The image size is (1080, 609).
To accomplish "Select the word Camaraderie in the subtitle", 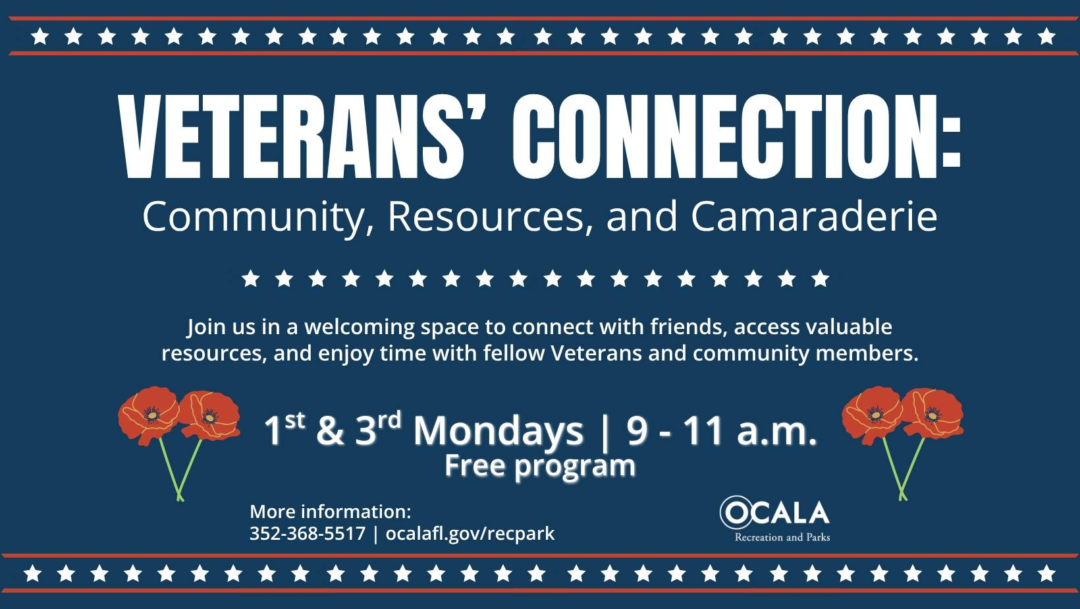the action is (x=814, y=217).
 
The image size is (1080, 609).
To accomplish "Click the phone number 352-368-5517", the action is (x=308, y=533).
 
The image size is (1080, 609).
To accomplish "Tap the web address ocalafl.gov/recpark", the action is (x=470, y=535).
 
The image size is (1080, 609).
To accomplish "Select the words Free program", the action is (x=540, y=466).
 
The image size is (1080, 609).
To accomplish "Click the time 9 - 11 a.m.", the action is (x=722, y=430).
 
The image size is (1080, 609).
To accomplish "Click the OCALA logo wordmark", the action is (x=774, y=513).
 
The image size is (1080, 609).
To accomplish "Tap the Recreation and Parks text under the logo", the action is (x=782, y=537).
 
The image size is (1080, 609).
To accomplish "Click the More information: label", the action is (x=331, y=511).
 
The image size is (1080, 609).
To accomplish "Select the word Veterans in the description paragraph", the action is (x=596, y=353).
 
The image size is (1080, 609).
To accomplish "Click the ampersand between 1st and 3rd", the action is (x=331, y=431).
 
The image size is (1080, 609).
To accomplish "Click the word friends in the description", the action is (x=689, y=328).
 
